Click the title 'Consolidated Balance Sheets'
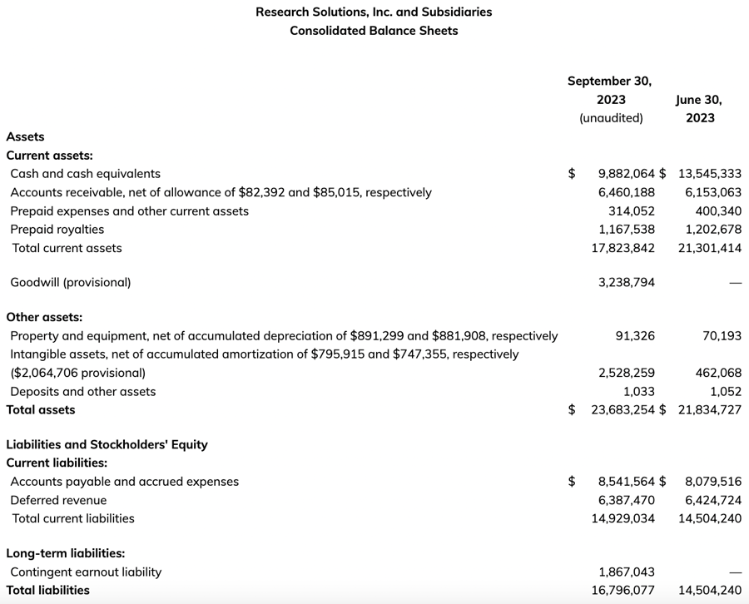coord(374,31)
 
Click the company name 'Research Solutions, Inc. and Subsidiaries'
coord(374,12)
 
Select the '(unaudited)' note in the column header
coord(611,118)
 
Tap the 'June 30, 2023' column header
coord(700,108)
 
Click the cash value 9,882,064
coord(627,174)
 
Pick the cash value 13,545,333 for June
coord(710,174)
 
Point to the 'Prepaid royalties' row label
coord(57,230)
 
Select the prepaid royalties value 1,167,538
coord(627,230)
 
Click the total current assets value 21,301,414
coord(710,248)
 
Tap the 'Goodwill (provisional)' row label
coord(71,282)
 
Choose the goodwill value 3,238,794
coord(627,282)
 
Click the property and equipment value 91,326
coord(635,336)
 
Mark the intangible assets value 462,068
coord(718,373)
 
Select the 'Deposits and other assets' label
coord(83,392)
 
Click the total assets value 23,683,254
coord(623,410)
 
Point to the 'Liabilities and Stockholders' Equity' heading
coord(107,444)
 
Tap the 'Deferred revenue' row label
coord(58,500)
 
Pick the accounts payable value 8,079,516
coord(713,482)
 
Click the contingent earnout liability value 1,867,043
coord(627,572)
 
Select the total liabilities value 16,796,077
coord(623,591)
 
